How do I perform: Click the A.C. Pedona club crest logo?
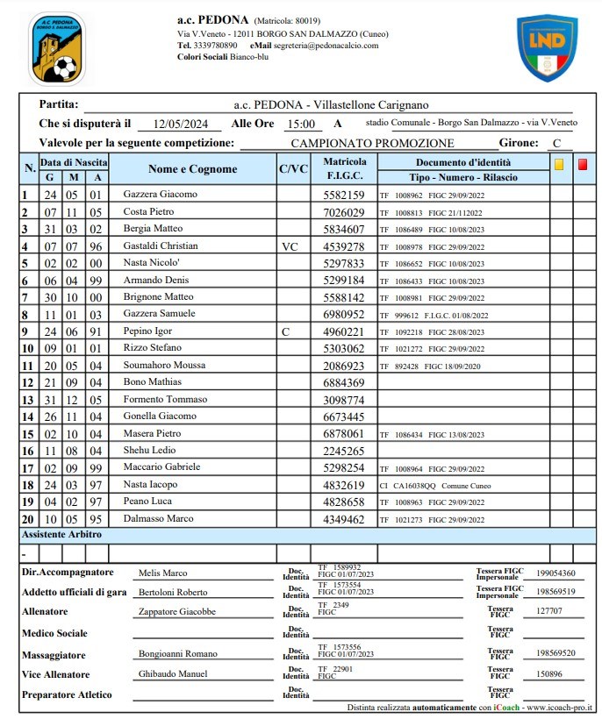57,49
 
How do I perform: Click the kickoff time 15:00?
301,125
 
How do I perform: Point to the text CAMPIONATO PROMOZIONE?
372,143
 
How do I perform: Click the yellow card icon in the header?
559,164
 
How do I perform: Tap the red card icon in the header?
583,164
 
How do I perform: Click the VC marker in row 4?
290,246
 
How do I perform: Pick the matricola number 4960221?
344,331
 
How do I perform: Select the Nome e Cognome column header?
192,169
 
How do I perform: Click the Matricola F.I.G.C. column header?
344,169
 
